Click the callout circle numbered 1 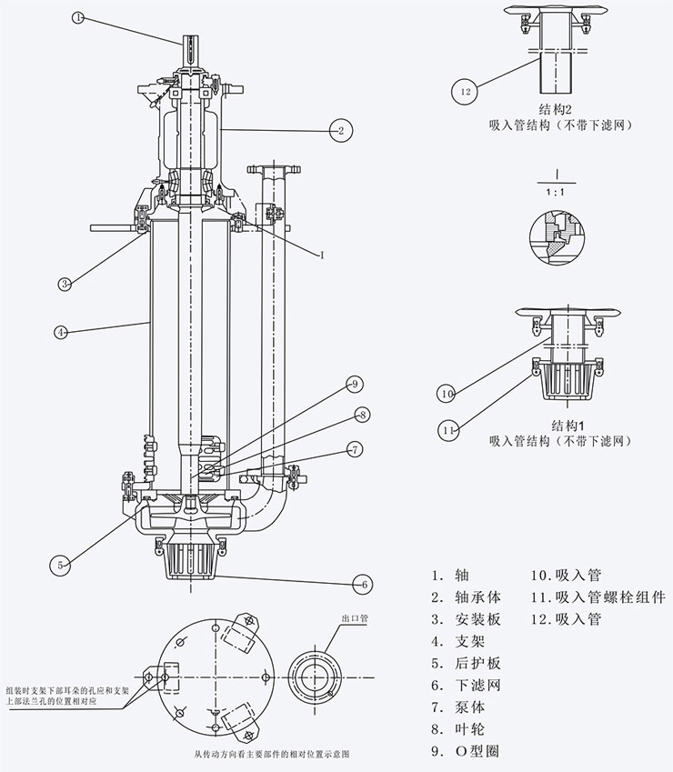coord(78,17)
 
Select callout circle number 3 coord(65,284)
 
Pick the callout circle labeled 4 coord(61,333)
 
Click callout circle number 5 coord(61,565)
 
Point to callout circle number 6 coord(362,583)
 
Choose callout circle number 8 coord(362,416)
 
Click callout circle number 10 coord(446,394)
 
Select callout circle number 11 coord(448,428)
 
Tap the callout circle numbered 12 coord(466,91)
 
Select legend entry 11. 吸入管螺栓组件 coord(598,597)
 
